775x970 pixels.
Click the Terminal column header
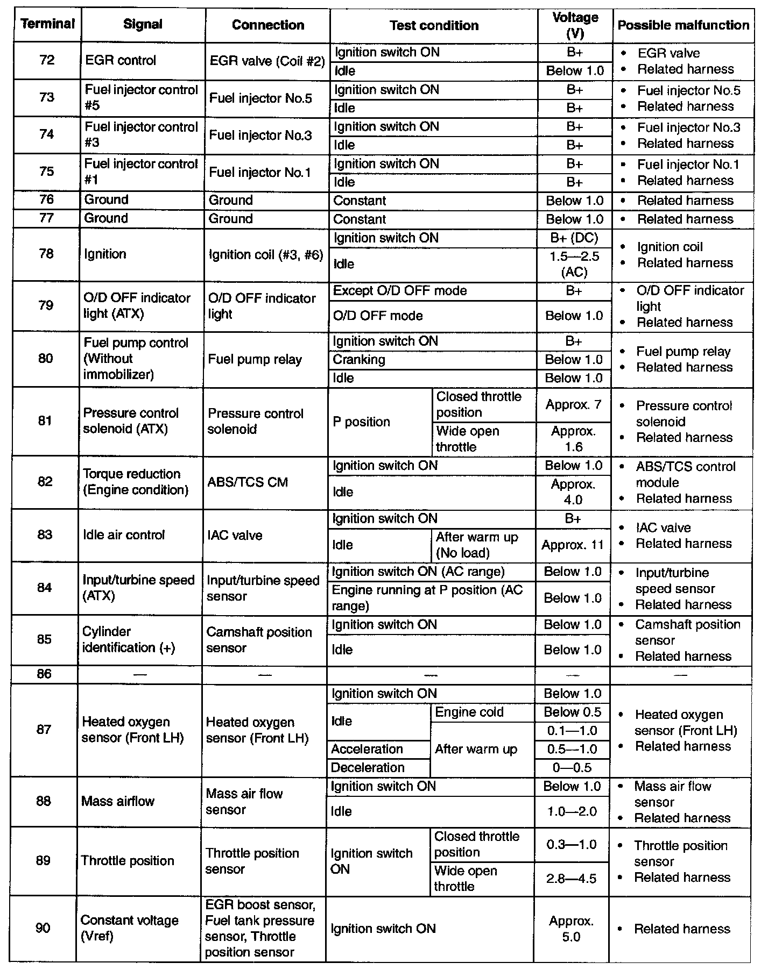coord(47,24)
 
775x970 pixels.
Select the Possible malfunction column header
coord(683,25)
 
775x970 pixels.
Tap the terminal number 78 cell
coord(46,254)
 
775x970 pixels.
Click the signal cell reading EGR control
coord(121,60)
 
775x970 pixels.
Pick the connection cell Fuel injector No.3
coord(260,135)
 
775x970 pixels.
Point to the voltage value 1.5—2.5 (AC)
coord(574,264)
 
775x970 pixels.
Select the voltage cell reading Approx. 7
coord(574,405)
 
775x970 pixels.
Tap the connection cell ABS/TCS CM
coord(248,482)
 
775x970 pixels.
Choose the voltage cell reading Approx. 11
coord(573,545)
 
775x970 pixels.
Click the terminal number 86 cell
coord(44,674)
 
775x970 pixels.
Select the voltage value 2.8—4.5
coord(572,879)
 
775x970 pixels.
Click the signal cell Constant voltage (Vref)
coord(129,928)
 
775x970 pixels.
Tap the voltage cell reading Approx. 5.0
coord(571,929)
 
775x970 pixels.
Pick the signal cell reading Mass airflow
coord(118,801)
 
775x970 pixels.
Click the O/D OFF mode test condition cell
coord(378,316)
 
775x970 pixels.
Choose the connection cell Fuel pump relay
coord(255,359)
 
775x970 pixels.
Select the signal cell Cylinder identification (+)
coord(128,640)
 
